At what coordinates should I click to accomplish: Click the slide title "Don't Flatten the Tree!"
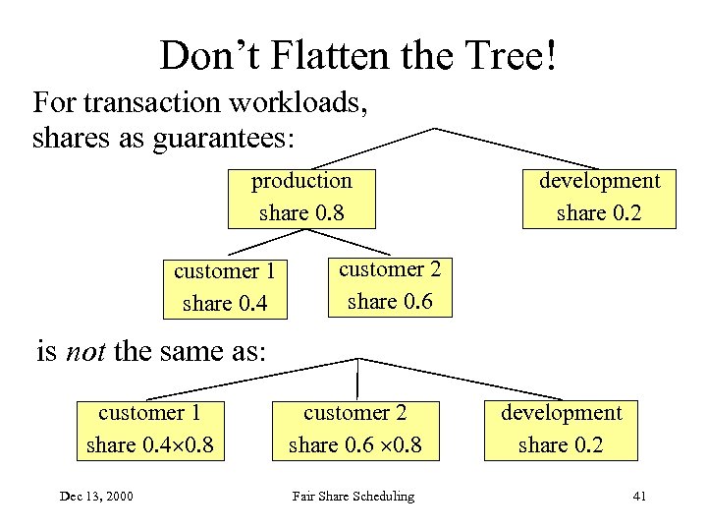[359, 56]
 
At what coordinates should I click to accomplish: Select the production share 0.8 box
[301, 197]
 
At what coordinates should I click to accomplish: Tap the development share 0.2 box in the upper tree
[599, 197]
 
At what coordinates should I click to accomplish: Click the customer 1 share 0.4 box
[225, 286]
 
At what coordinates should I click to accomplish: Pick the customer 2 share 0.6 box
[390, 285]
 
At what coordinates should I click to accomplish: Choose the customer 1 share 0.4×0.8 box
[149, 429]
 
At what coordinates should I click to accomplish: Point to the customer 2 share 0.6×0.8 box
[355, 429]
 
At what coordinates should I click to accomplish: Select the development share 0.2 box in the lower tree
[562, 429]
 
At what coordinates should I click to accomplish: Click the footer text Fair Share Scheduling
[353, 497]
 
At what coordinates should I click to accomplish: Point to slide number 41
[639, 497]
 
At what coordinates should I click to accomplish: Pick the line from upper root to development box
[516, 148]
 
